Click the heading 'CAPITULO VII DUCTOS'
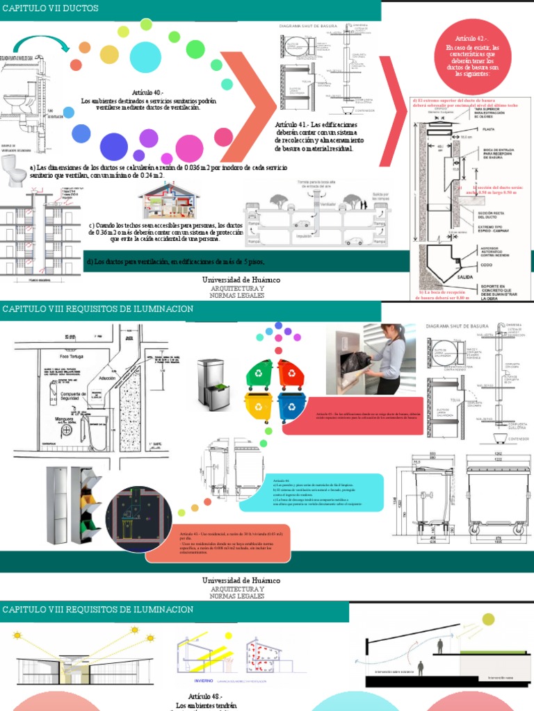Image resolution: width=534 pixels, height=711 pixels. coord(49,8)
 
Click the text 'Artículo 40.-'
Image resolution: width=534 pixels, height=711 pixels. coord(148,92)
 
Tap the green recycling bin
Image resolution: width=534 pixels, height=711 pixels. coord(259,374)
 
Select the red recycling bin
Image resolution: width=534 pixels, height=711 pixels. coord(291,374)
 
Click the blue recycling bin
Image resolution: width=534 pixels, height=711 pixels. coord(290,406)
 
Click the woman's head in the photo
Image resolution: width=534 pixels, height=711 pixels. coord(387,332)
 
